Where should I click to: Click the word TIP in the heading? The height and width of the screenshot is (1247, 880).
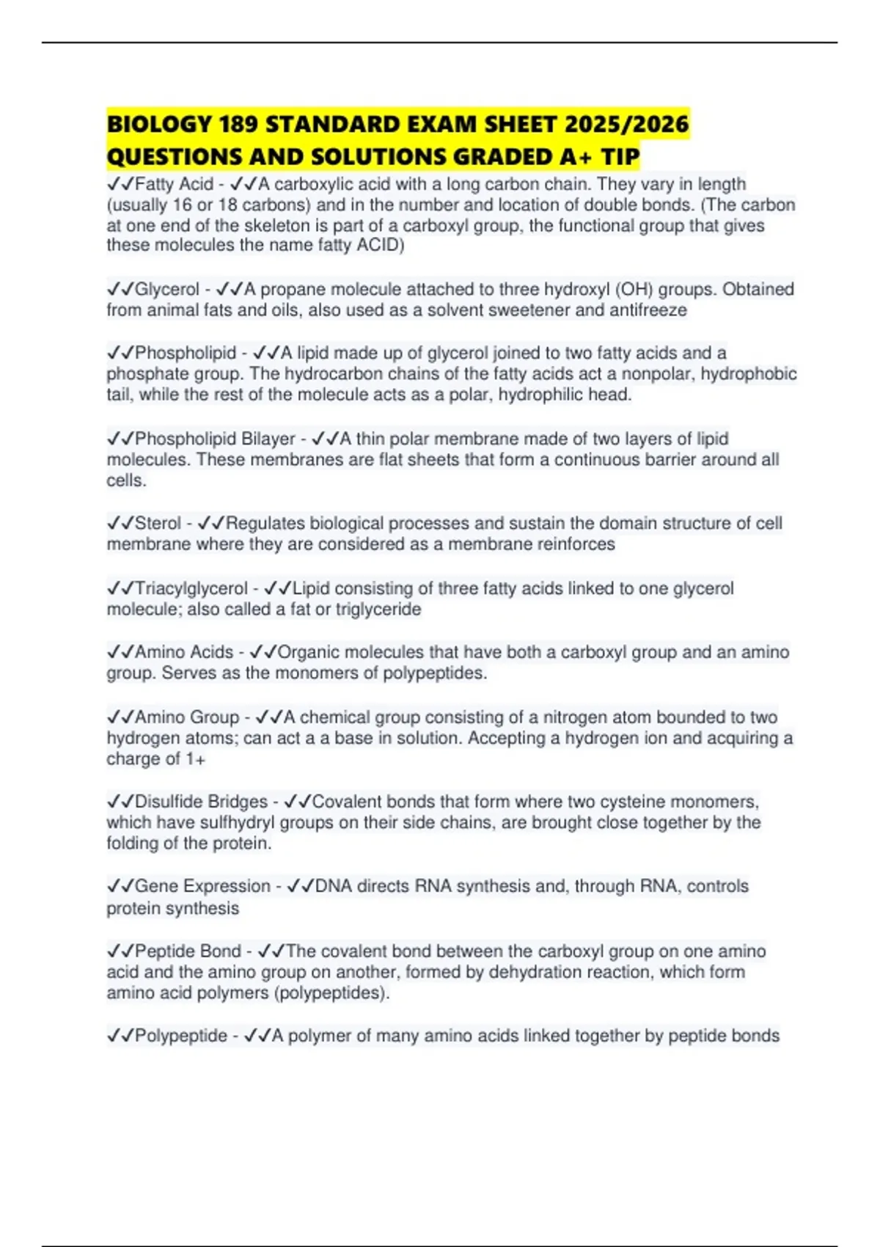click(x=620, y=157)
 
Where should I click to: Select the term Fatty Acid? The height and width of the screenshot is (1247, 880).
click(x=174, y=184)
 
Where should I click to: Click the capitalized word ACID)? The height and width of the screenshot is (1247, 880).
click(x=380, y=245)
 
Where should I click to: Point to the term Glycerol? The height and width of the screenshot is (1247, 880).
click(x=167, y=290)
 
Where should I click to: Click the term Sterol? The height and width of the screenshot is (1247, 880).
click(x=158, y=523)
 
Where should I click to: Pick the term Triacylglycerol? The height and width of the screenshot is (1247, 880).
click(x=191, y=588)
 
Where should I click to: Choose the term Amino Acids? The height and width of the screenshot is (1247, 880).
click(x=184, y=652)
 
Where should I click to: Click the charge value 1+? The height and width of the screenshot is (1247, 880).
click(x=196, y=759)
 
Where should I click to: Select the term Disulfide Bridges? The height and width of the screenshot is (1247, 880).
click(x=201, y=802)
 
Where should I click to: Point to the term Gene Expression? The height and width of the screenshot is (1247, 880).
click(x=202, y=886)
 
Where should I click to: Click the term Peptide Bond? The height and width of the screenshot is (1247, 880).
click(x=188, y=951)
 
